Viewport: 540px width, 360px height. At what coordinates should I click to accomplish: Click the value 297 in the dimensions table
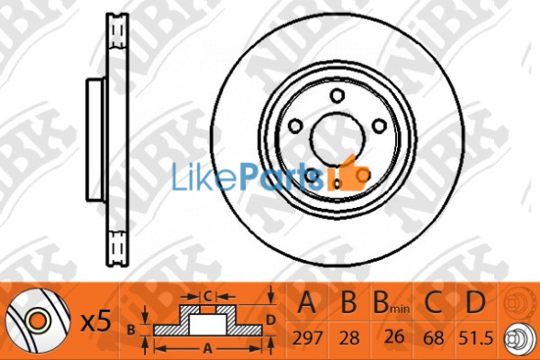(x=307, y=338)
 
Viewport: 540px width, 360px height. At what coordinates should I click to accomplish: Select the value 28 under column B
(x=349, y=338)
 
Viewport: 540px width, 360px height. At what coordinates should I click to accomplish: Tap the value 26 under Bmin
(x=394, y=336)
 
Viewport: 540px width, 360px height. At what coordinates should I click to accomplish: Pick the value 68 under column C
(x=434, y=338)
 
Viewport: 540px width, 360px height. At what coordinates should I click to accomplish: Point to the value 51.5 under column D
(x=477, y=338)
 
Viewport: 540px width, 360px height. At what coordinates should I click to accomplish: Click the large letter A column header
(x=306, y=302)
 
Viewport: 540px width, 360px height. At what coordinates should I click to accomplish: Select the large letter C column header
(x=433, y=302)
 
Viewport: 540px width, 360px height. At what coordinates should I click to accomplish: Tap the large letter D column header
(x=475, y=302)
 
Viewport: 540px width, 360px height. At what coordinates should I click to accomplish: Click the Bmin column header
(x=391, y=303)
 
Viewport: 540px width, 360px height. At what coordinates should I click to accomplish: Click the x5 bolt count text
(x=96, y=321)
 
